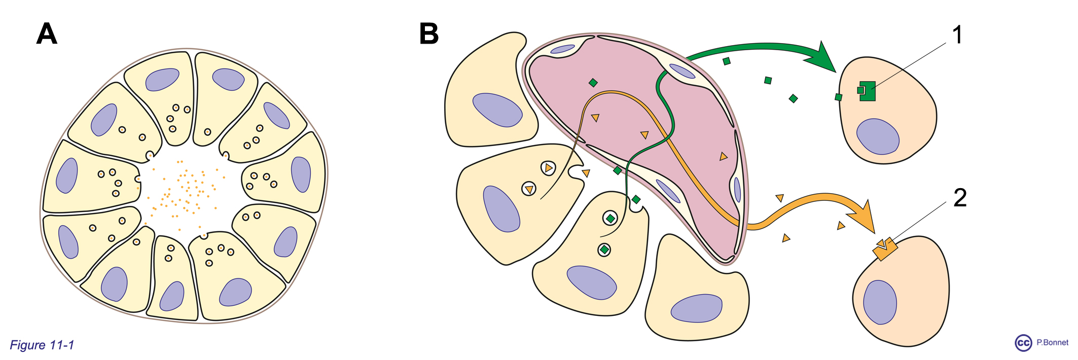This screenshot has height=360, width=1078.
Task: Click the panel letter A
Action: click(47, 34)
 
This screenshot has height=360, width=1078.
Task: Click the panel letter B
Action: click(429, 34)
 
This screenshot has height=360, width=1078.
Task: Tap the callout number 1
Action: click(957, 35)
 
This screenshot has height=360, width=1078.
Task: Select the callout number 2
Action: click(959, 198)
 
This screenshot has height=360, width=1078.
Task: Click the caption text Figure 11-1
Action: click(42, 345)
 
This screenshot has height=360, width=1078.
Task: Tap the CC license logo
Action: click(1023, 343)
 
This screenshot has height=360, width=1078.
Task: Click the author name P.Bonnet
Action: click(1052, 343)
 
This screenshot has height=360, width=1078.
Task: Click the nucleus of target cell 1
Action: click(877, 136)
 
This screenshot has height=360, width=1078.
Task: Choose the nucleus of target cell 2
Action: click(880, 302)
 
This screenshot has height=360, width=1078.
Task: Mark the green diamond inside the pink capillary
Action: click(593, 83)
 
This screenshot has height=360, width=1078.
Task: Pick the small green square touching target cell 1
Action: click(839, 97)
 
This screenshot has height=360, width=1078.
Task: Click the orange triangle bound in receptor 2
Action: click(882, 243)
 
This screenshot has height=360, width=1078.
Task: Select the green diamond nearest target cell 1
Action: click(793, 98)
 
